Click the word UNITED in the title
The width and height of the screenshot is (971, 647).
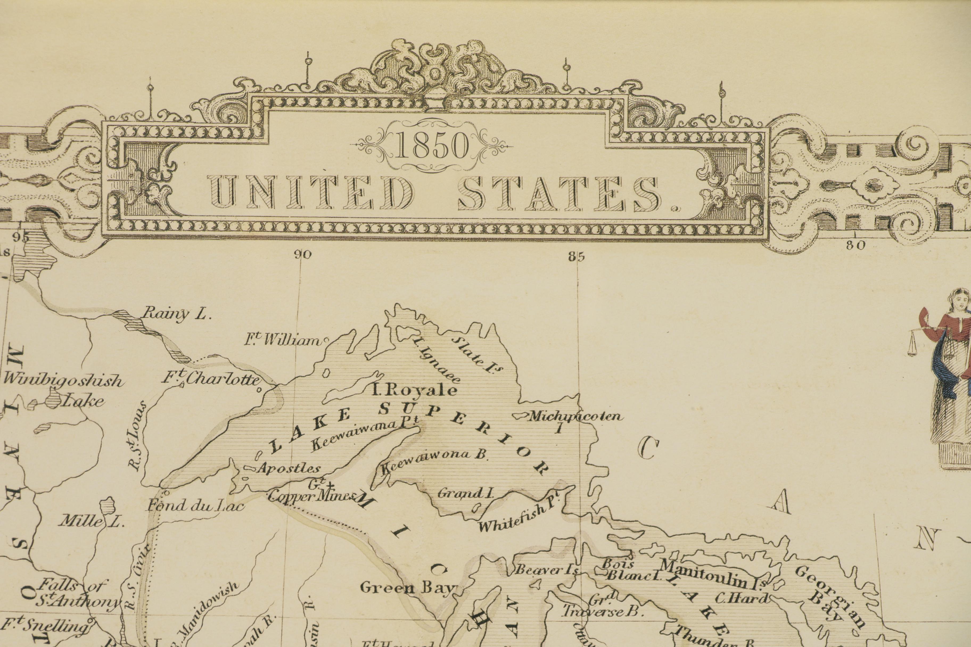[311, 192]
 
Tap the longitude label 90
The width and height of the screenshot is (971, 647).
[303, 255]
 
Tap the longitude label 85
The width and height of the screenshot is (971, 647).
[576, 257]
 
